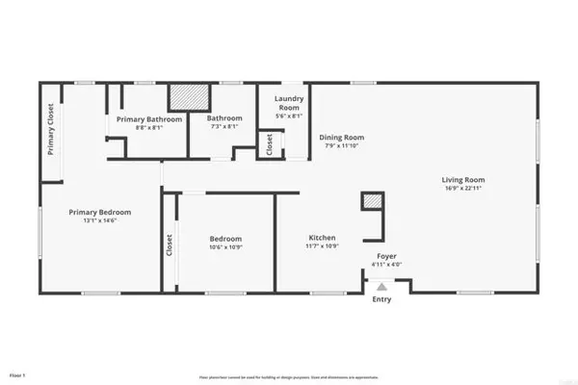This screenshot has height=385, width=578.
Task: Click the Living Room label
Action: [x=462, y=179]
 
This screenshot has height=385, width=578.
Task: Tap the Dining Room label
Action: [x=341, y=138]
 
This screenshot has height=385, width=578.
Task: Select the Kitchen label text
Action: [x=322, y=238]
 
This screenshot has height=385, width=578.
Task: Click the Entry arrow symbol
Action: [x=381, y=286]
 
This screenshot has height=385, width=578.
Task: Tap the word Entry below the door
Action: [x=381, y=299]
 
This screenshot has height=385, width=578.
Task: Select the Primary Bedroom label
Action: [x=99, y=212]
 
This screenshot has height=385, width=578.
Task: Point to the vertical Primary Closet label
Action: [x=51, y=129]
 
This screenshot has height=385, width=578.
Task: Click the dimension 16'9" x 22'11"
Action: [x=462, y=189]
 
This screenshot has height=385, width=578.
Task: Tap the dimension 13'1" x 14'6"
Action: [x=99, y=221]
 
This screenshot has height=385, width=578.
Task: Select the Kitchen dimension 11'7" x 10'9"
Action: [x=322, y=247]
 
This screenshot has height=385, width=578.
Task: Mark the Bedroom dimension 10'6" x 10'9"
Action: [x=226, y=247]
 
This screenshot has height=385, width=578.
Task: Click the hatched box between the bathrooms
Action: [x=190, y=97]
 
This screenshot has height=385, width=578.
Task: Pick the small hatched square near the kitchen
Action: [x=372, y=200]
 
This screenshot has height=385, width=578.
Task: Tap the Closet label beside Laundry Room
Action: [x=269, y=144]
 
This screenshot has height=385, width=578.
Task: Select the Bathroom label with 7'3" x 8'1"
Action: [x=225, y=119]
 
